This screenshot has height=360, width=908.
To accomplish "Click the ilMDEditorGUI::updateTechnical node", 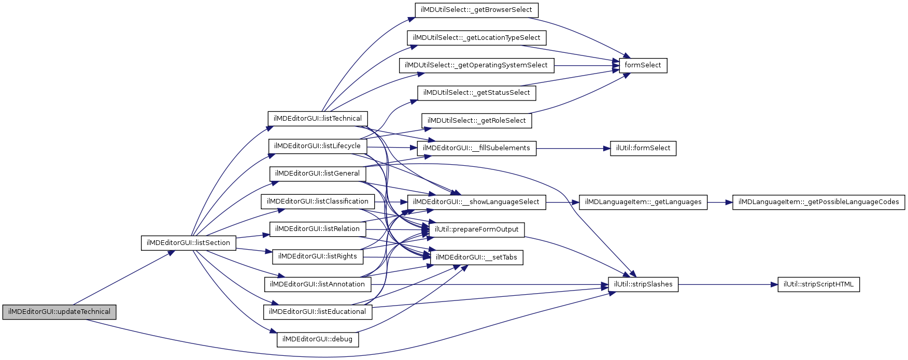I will (x=59, y=312).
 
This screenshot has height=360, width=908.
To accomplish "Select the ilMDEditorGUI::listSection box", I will (x=188, y=243).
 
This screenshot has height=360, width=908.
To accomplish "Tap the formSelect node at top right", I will (x=643, y=65).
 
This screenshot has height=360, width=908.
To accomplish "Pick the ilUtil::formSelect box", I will (x=643, y=148).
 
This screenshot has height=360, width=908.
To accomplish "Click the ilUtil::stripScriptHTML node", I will (x=818, y=284).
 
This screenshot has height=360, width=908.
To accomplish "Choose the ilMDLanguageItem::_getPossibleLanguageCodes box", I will (x=818, y=202).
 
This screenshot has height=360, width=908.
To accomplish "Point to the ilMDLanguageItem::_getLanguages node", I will (x=643, y=202).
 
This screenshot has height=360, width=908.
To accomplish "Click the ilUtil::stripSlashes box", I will (x=643, y=284).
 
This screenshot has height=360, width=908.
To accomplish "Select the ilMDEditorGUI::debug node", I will (x=318, y=339).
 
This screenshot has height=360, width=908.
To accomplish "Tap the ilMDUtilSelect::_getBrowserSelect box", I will (x=476, y=10).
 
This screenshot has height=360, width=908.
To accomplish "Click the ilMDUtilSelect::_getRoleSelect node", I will (x=476, y=121).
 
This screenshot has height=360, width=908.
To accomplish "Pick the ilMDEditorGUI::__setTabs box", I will (x=476, y=257).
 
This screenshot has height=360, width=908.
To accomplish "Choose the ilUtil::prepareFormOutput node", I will (x=476, y=229).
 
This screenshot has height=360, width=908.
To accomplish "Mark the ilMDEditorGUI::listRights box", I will (x=317, y=256).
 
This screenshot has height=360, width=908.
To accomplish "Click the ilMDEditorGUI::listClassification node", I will (x=317, y=201).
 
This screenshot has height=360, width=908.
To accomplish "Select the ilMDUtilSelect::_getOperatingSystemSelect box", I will (x=476, y=65).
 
